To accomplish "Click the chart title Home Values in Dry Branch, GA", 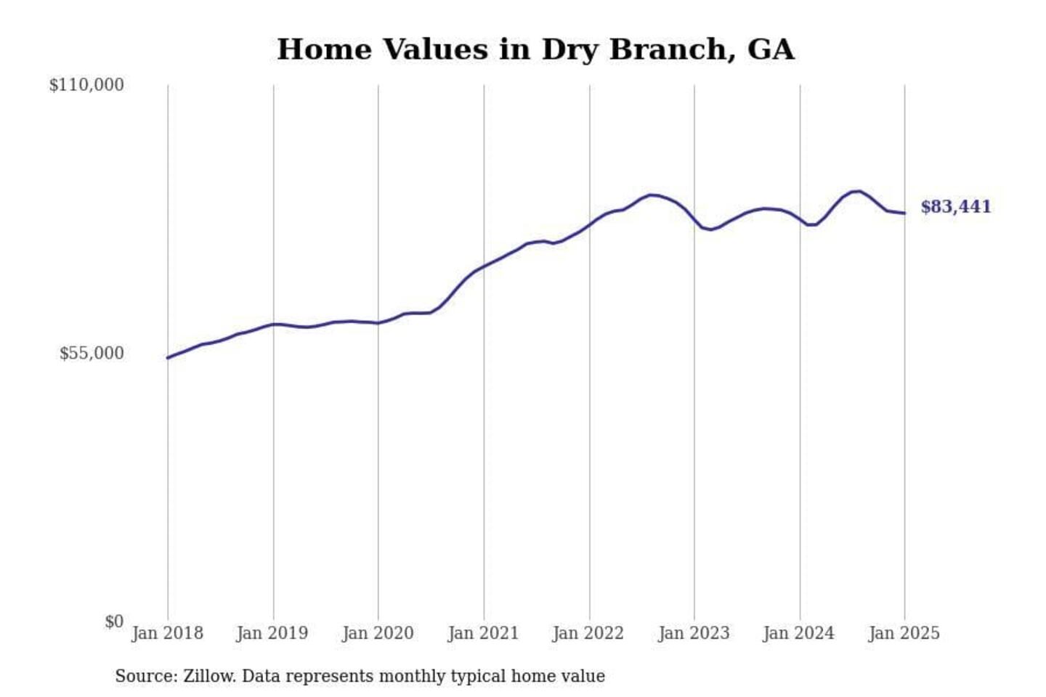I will [535, 49].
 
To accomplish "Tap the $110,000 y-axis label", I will [86, 85].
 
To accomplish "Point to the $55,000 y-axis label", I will [92, 354].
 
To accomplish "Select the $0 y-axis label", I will [114, 621].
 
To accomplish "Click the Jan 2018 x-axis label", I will [167, 633].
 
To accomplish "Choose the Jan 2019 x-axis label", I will [272, 633].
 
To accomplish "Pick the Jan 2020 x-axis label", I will [378, 633].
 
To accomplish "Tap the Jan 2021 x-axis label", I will [484, 633].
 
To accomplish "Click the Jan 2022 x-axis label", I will [588, 633].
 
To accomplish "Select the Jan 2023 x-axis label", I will [694, 633].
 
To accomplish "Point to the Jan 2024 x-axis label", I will [799, 633].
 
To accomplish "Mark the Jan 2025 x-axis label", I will [904, 633].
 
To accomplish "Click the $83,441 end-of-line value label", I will [956, 207].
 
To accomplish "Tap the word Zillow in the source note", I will [208, 676].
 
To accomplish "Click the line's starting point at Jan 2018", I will [168, 357].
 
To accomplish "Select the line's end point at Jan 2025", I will [904, 213].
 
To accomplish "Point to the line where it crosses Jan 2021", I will [484, 266].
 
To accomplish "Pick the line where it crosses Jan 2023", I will [694, 220].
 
